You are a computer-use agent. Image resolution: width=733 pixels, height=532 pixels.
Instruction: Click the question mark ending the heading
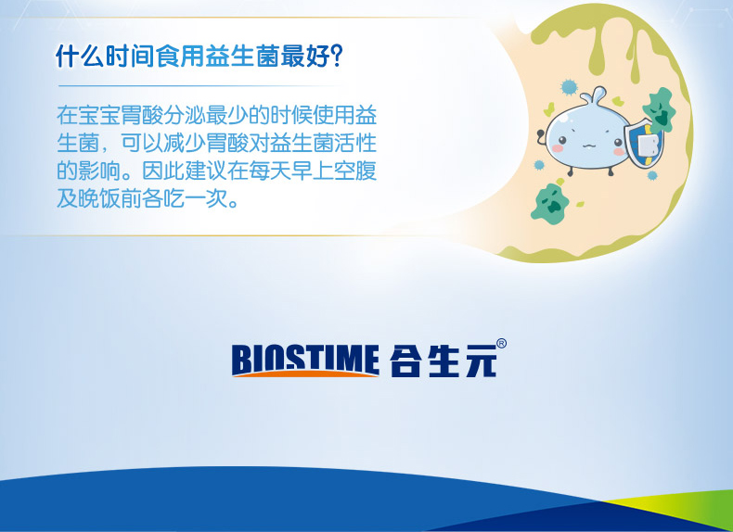pos(337,56)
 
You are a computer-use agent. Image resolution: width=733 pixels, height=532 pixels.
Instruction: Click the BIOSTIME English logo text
pos(305,360)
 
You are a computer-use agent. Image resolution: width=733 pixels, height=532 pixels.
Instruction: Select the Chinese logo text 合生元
pos(443,361)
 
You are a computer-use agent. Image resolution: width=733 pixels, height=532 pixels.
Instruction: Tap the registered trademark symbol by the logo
pos(501,343)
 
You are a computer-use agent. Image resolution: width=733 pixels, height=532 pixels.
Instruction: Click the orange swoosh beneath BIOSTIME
pos(305,374)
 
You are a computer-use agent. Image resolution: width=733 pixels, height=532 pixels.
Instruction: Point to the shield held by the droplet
pos(643,144)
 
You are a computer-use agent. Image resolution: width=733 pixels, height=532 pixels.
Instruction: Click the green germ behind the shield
pos(659,109)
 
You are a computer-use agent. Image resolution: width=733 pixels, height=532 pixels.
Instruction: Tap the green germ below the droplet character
pos(549,204)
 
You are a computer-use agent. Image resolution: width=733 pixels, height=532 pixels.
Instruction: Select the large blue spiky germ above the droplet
pos(569,87)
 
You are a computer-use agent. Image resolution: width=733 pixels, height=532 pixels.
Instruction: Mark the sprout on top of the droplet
pos(593,95)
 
